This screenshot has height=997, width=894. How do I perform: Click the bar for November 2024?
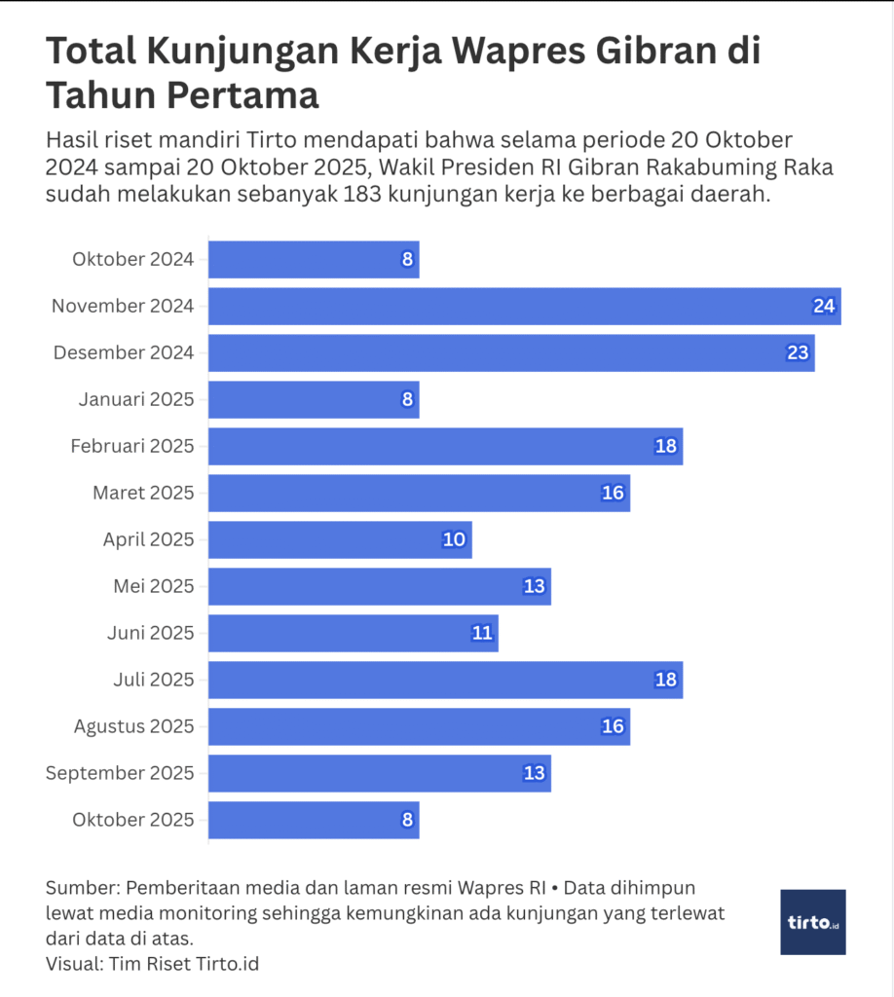(x=524, y=306)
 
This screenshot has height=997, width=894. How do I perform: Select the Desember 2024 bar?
(x=511, y=352)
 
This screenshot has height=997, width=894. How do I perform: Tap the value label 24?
(x=824, y=306)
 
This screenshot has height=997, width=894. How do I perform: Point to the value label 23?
(x=798, y=352)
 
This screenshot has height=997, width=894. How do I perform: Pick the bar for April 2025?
(x=340, y=539)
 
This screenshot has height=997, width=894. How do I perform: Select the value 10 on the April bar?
(x=454, y=539)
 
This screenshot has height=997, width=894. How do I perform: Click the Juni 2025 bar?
(x=353, y=633)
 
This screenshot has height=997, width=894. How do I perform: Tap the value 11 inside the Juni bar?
(x=481, y=633)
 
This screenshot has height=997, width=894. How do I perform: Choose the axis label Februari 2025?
(x=132, y=446)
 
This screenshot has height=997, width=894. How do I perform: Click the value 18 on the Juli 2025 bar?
(x=665, y=680)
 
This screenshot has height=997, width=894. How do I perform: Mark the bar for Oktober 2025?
(x=314, y=820)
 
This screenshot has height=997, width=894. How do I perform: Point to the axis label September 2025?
(x=120, y=773)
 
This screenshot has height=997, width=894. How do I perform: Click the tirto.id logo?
(x=812, y=921)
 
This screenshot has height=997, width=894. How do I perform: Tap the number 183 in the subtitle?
(x=362, y=193)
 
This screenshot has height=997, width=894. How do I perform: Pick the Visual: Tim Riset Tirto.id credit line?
(x=152, y=964)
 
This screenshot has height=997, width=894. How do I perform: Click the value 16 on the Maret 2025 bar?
(x=613, y=493)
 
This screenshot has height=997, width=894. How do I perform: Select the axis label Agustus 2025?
(x=133, y=726)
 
